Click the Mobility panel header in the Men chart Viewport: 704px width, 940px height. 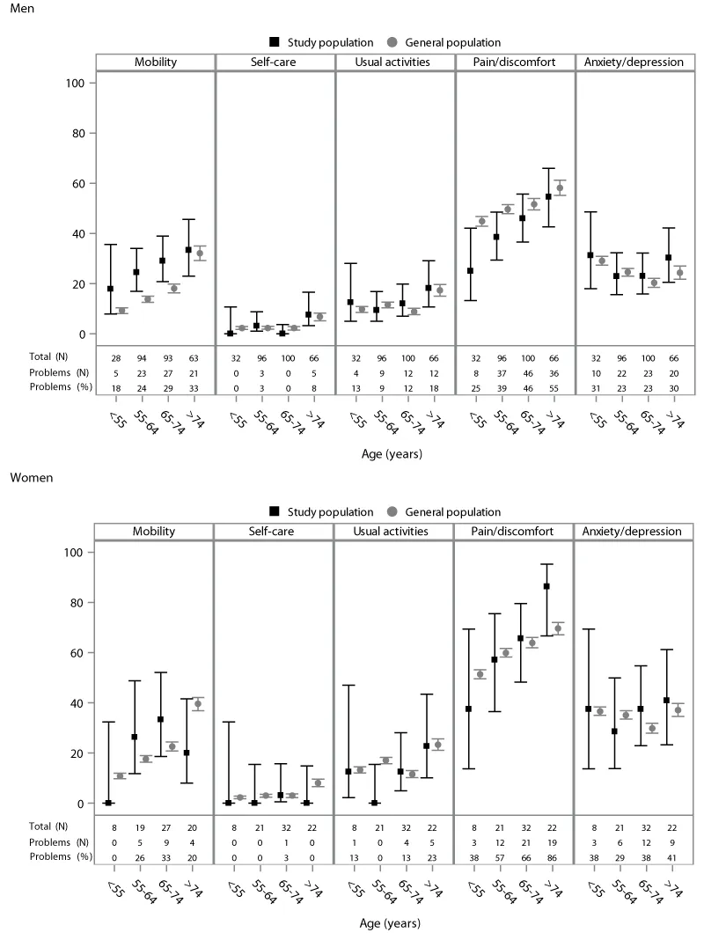coord(155,62)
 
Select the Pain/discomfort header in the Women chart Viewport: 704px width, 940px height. coord(514,531)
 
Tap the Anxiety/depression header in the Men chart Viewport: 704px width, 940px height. coord(634,62)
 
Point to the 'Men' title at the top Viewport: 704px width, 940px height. coord(20,8)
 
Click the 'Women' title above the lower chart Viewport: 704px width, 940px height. coord(28,477)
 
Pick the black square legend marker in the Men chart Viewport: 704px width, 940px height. coord(275,41)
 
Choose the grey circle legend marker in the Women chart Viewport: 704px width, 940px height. coord(392,511)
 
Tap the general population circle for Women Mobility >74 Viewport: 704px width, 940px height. coord(197,704)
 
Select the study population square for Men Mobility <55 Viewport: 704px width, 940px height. coord(110,289)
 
